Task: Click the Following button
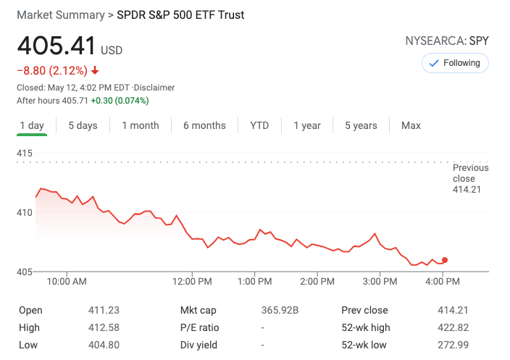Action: (455, 63)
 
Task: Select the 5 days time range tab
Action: (83, 125)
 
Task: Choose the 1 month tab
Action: (141, 125)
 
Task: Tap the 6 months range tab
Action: (204, 125)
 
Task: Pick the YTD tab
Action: (259, 125)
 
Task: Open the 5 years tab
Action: (361, 125)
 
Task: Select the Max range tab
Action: (411, 125)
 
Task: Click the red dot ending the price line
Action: (445, 260)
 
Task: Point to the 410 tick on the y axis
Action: (25, 212)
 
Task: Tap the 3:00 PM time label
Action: (380, 281)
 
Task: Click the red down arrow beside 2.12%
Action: (95, 71)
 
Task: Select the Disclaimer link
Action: (155, 88)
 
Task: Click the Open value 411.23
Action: (104, 310)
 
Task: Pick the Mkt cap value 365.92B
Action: (280, 310)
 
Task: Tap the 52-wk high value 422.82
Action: (453, 327)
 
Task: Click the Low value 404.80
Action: (104, 345)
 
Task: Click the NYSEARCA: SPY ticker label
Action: (447, 41)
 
